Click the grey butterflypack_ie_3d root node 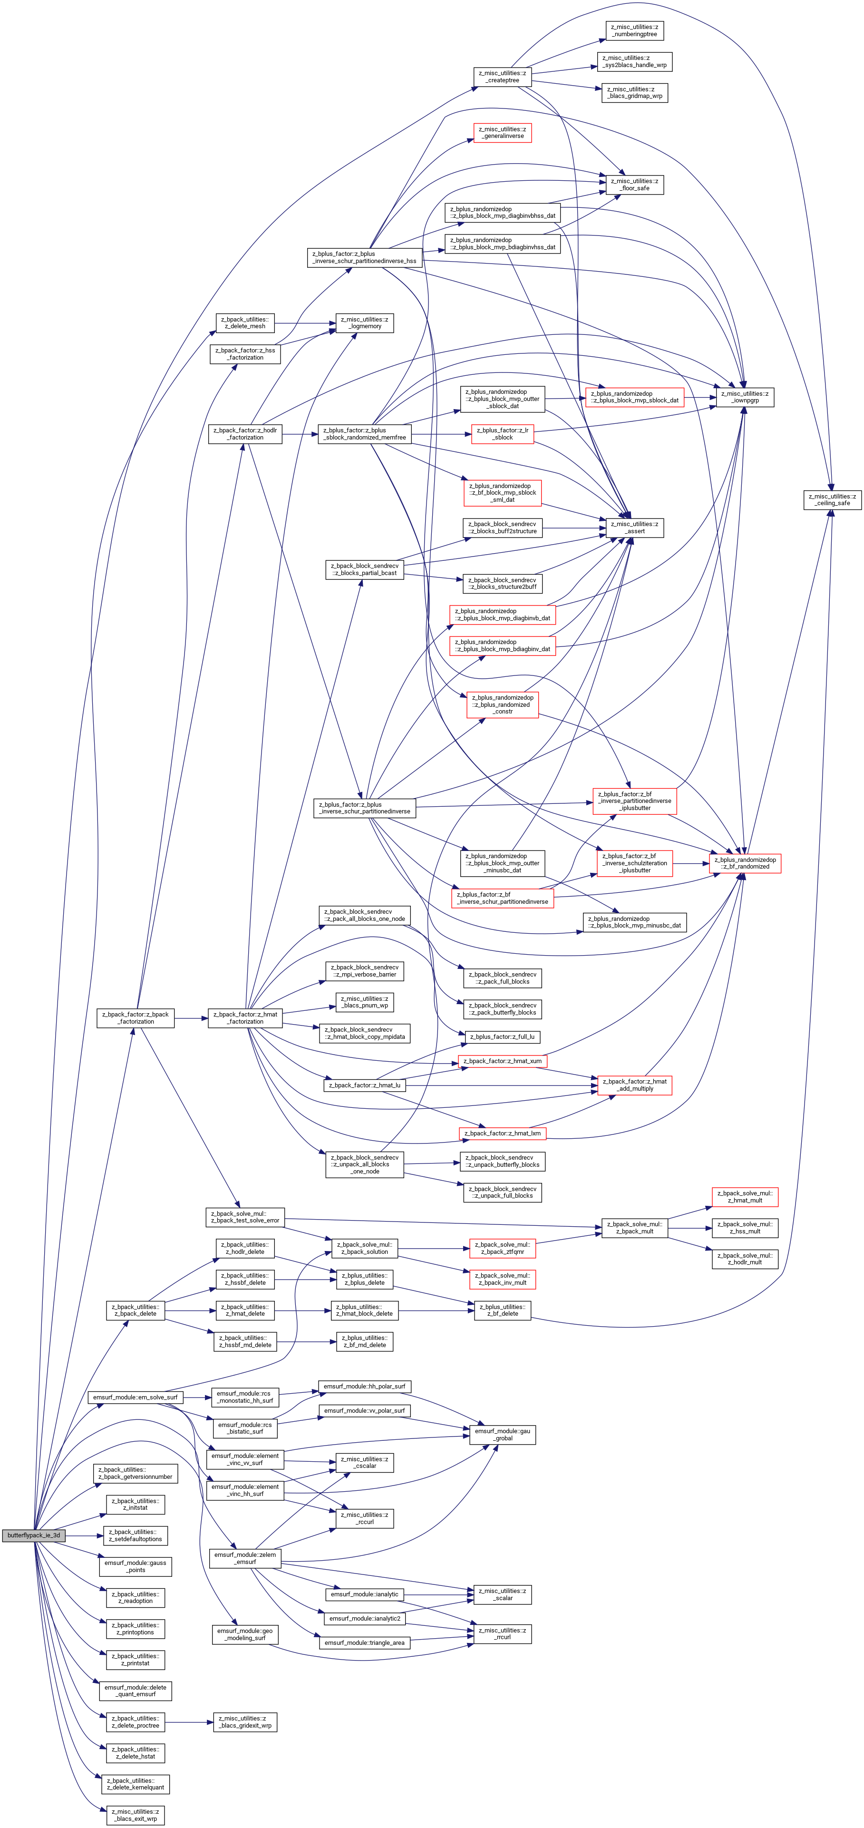pos(33,1535)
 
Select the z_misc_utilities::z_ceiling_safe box pos(833,499)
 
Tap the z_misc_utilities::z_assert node pos(635,527)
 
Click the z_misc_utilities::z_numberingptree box pos(635,30)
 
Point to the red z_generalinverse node pos(502,133)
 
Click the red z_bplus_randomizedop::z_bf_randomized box pos(745,863)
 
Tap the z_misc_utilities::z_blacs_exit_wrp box pos(136,1815)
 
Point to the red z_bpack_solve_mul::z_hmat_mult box pos(745,1196)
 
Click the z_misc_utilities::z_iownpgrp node pos(745,397)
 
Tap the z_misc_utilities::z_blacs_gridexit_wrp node pos(245,1721)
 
